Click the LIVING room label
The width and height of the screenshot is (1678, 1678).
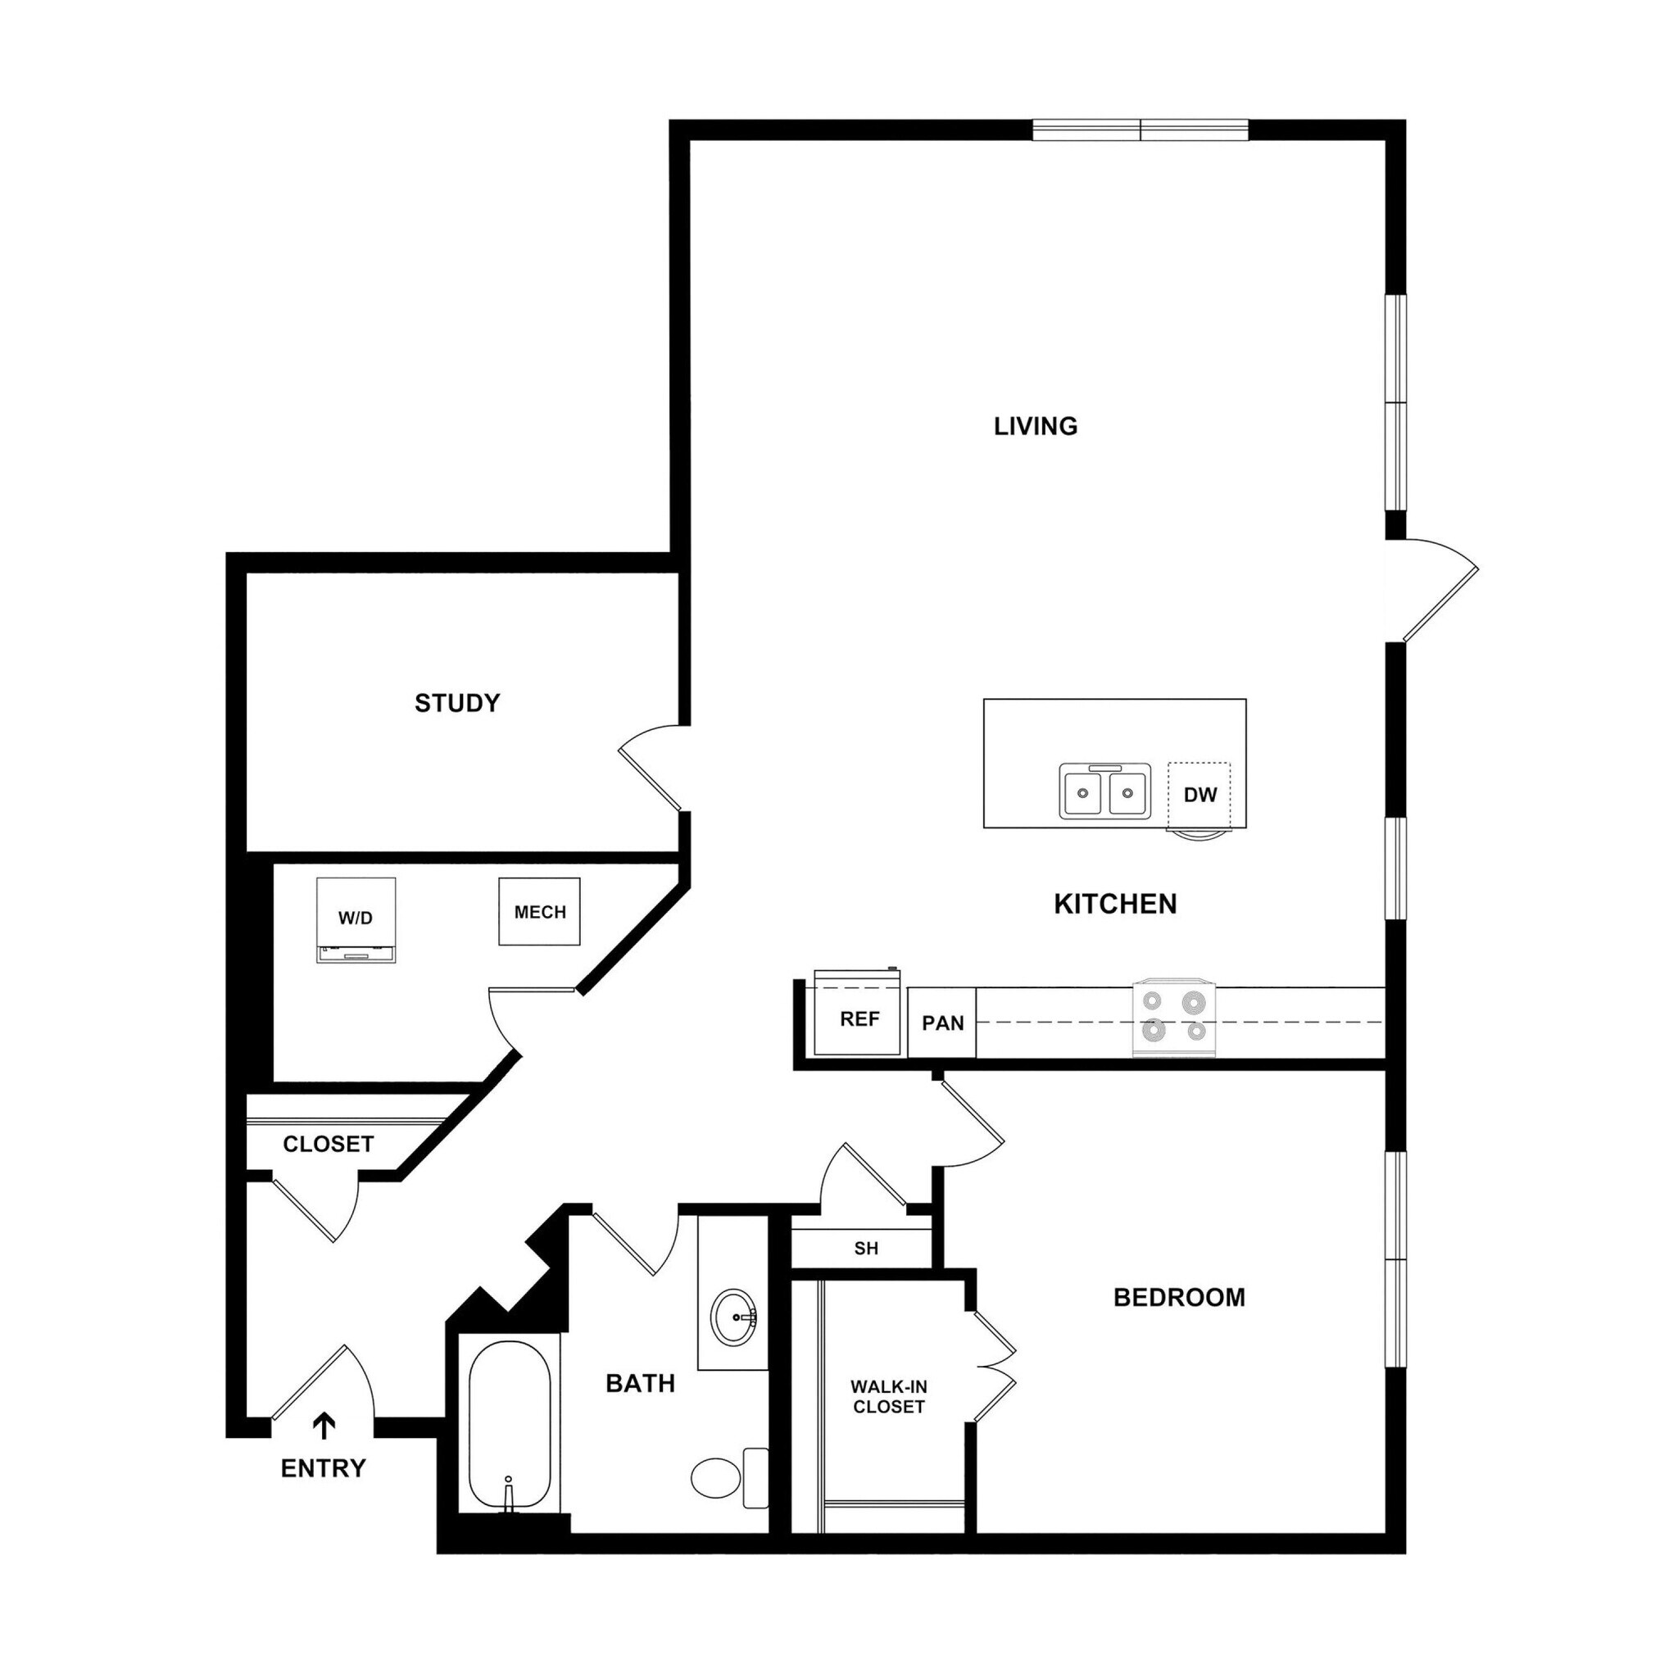point(1036,425)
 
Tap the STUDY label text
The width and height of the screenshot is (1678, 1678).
point(457,703)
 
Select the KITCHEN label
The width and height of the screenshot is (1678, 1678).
point(1115,905)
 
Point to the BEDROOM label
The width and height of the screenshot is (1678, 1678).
point(1178,1298)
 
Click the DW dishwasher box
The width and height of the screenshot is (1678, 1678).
point(1200,795)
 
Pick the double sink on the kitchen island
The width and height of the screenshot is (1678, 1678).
point(1104,791)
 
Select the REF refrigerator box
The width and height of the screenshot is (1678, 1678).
point(858,1018)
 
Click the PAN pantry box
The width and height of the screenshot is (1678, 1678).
point(942,1023)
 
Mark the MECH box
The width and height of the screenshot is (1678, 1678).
point(539,912)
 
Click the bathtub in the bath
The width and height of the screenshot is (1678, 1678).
point(509,1427)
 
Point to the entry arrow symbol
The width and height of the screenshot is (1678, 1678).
point(324,1426)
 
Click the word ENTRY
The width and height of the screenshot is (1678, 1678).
point(323,1469)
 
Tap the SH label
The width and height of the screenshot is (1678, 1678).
point(866,1249)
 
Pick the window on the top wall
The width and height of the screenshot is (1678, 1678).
point(1140,130)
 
